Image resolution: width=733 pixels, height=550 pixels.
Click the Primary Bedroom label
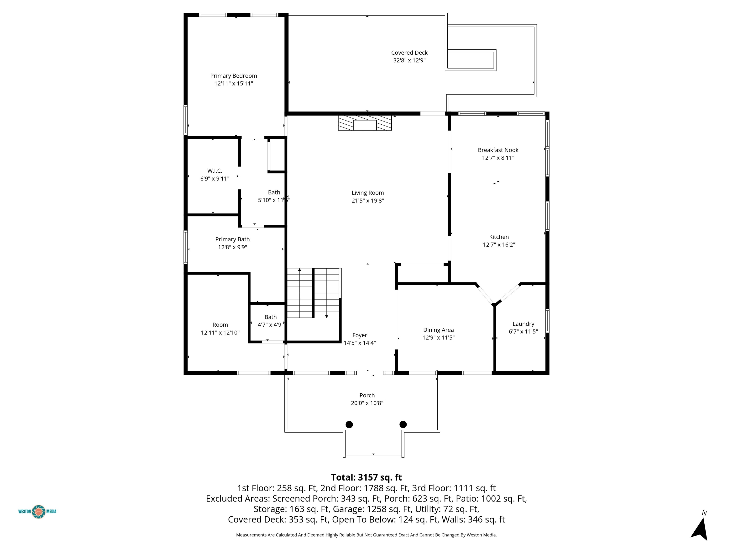(234, 76)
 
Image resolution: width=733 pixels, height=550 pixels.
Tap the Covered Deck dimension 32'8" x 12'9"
(409, 60)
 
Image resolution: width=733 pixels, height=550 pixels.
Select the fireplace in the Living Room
(365, 123)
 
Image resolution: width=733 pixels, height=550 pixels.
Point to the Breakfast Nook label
(498, 150)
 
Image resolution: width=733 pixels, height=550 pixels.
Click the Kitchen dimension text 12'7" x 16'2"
(499, 245)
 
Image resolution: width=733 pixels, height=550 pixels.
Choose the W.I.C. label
(215, 171)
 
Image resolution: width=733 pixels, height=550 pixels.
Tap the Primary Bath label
(232, 239)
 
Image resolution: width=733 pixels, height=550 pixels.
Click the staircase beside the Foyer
(314, 293)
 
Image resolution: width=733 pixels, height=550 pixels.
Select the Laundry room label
(523, 324)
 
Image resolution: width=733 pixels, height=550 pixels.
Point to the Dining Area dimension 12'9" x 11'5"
(438, 338)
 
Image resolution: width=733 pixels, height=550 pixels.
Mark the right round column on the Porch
(403, 424)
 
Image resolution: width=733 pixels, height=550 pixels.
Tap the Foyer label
(360, 335)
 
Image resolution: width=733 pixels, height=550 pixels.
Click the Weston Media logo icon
(39, 512)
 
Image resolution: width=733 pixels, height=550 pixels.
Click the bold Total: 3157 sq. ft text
(366, 477)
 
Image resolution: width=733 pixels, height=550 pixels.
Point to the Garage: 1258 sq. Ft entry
(389, 509)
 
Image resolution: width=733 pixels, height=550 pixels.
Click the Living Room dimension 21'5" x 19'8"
(367, 201)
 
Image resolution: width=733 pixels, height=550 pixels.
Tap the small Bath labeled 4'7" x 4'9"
(270, 321)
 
